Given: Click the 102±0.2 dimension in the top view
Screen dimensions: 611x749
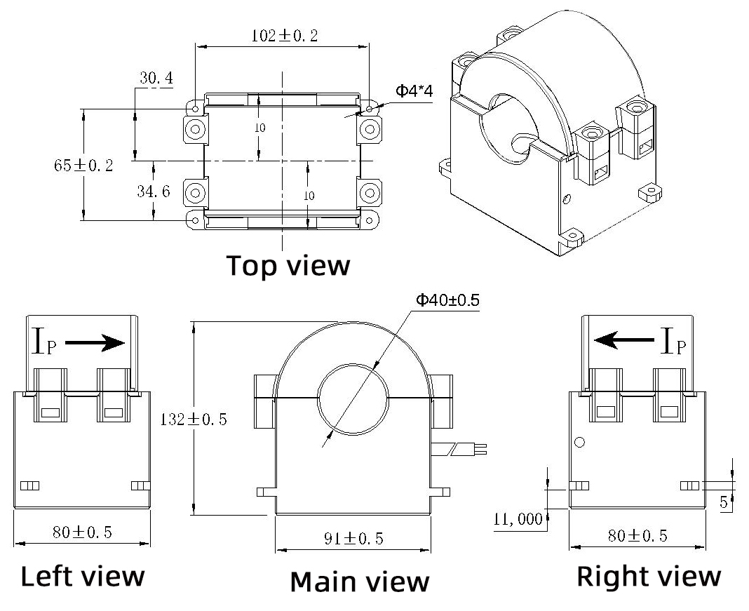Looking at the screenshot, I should pyautogui.click(x=284, y=36).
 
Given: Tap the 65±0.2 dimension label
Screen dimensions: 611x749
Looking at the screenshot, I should pyautogui.click(x=83, y=166).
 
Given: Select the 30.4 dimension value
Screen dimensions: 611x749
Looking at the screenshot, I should pyautogui.click(x=156, y=78).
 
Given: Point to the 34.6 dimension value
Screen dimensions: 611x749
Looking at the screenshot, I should pyautogui.click(x=153, y=191).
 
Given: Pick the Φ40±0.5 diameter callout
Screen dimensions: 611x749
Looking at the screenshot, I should pyautogui.click(x=447, y=300).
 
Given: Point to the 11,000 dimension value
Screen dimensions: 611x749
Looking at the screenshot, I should pyautogui.click(x=518, y=519).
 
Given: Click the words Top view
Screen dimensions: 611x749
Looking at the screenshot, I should pyautogui.click(x=288, y=266).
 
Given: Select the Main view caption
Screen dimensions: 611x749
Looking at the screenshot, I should pyautogui.click(x=359, y=582).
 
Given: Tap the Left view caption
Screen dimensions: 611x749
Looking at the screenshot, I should pyautogui.click(x=82, y=577).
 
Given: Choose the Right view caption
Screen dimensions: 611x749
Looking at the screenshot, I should pyautogui.click(x=649, y=577).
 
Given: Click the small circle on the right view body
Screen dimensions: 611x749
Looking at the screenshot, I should pyautogui.click(x=579, y=443).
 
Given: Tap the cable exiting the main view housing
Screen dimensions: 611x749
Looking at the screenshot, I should pyautogui.click(x=459, y=449).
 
